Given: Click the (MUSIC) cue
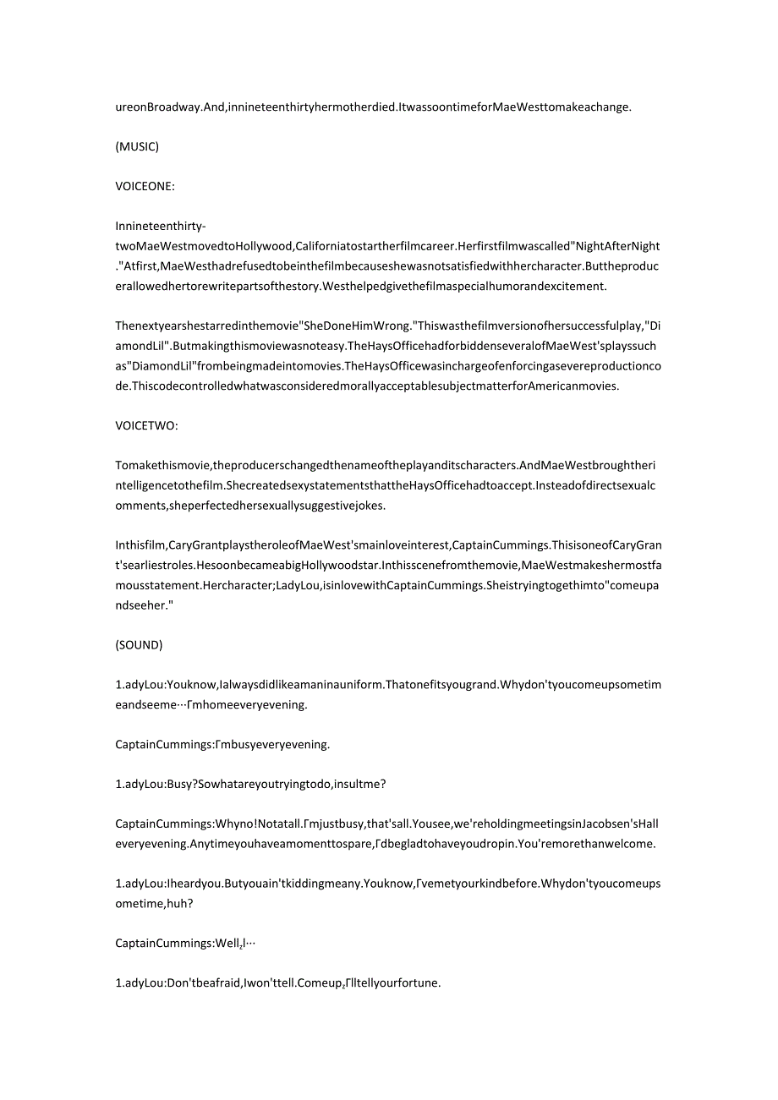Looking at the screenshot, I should pyautogui.click(x=137, y=146).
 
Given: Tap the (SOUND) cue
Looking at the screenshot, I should pyautogui.click(x=139, y=644).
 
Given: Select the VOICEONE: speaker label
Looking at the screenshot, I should pyautogui.click(x=145, y=186).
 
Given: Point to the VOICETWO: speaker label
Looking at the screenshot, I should pyautogui.click(x=146, y=425).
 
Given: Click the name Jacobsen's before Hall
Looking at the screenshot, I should pyautogui.click(x=592, y=824).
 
